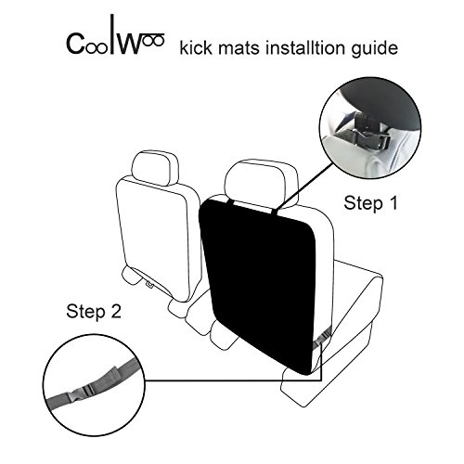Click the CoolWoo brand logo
click(115, 35)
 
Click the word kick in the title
click(196, 48)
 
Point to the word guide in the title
click(375, 49)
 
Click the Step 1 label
click(370, 203)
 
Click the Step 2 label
click(94, 311)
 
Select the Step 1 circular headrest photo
click(370, 128)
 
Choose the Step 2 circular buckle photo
click(94, 385)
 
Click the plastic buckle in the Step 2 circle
click(82, 391)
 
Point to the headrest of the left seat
click(155, 168)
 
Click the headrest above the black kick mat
click(261, 180)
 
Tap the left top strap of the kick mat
click(230, 203)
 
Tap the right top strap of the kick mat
click(276, 211)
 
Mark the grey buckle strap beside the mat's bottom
click(322, 338)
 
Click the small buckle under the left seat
click(149, 284)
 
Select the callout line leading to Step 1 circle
click(305, 186)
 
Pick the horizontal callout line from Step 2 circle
click(233, 380)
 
